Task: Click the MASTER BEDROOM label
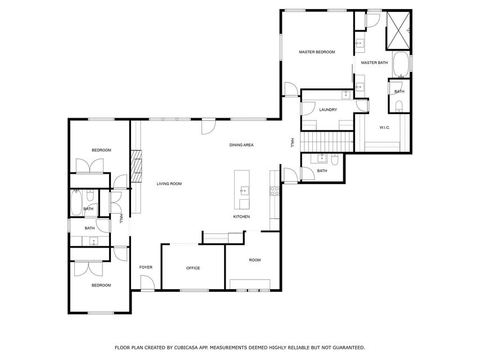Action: coord(316,52)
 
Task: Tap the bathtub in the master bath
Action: coord(400,65)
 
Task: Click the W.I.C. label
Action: coord(384,127)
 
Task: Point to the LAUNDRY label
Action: coord(328,110)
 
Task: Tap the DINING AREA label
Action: coord(241,145)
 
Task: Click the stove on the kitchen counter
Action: coord(275,191)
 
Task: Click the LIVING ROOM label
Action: coord(169,184)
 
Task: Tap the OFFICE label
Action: coord(193,268)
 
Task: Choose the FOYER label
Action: coord(146,267)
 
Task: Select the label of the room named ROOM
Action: coord(255,260)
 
